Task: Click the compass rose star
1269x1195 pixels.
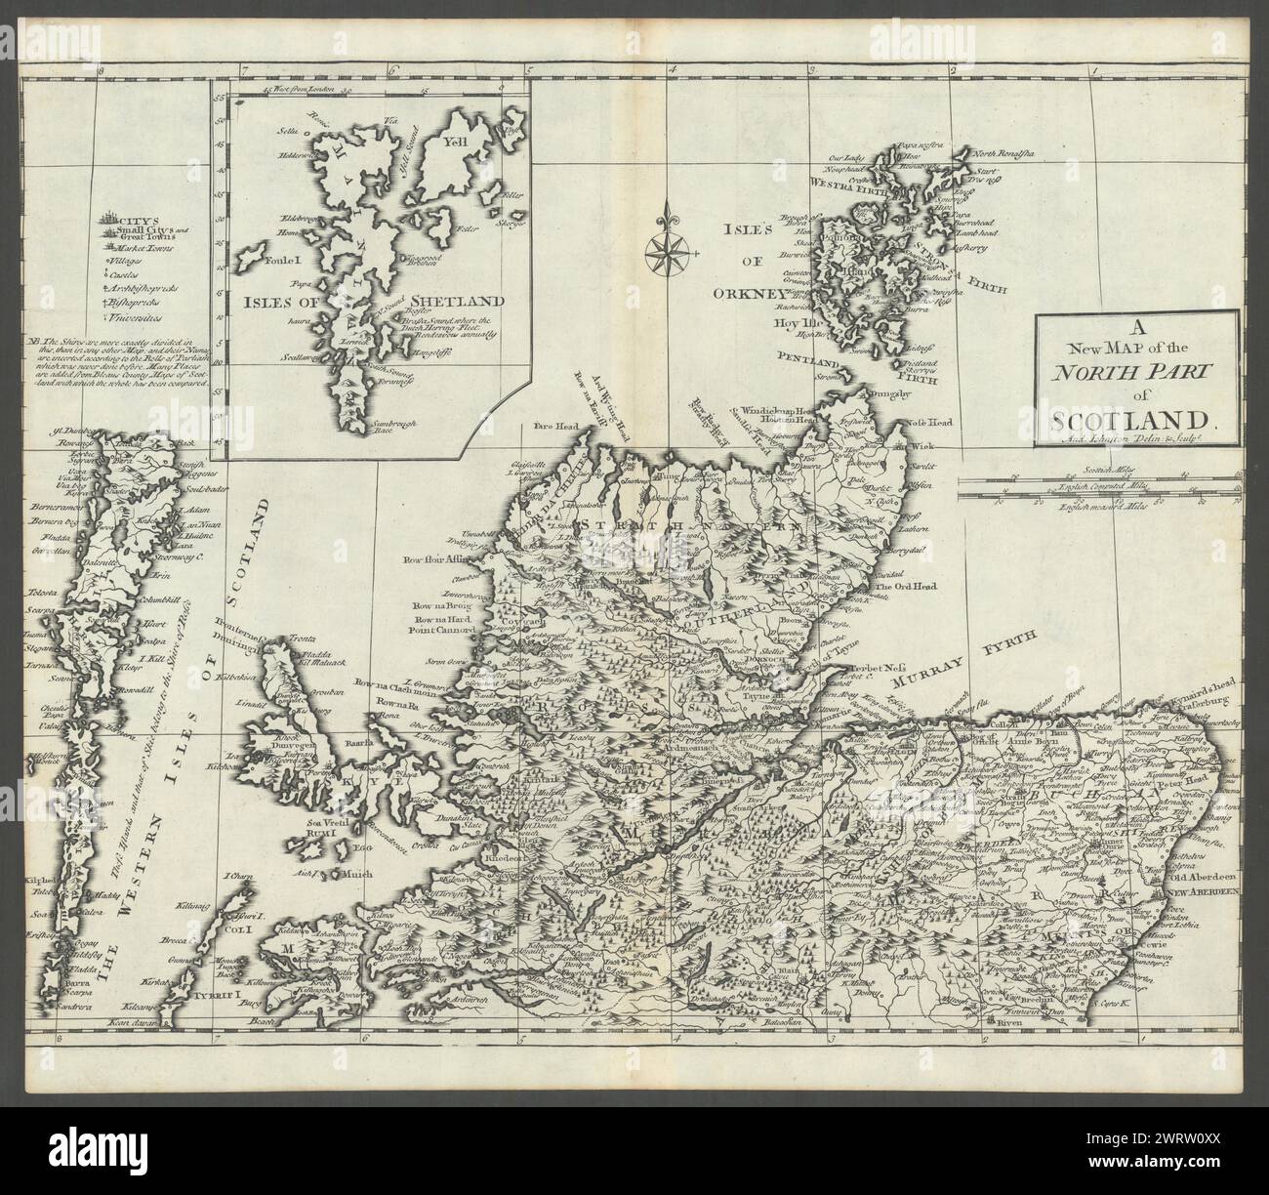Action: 668,248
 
